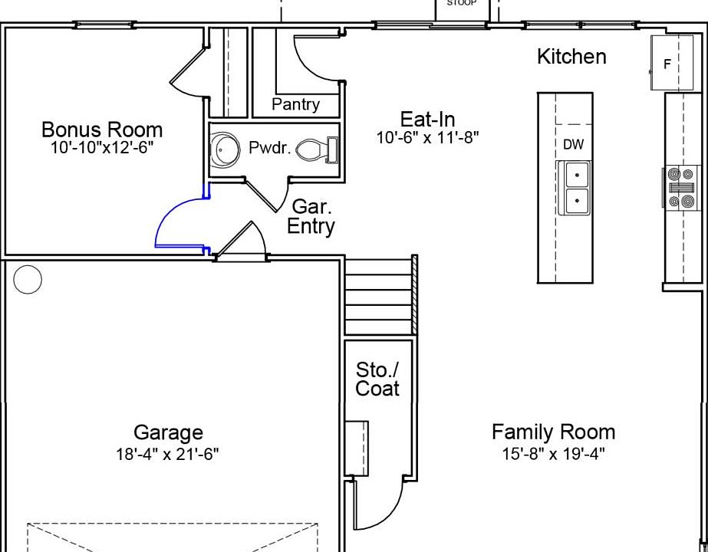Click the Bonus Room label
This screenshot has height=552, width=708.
(102, 130)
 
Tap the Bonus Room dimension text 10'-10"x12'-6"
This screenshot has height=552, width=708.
(102, 147)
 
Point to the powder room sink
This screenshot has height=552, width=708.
(226, 149)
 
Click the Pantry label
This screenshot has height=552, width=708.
(296, 104)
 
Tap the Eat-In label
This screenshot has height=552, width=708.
(427, 119)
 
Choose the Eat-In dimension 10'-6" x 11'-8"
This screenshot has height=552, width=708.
(427, 137)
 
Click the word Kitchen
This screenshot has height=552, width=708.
(571, 57)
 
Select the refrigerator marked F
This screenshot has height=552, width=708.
(672, 62)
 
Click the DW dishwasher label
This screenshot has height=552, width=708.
(574, 144)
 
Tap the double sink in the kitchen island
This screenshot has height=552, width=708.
(575, 187)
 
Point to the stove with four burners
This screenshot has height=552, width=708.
(681, 188)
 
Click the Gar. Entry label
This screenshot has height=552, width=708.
(311, 217)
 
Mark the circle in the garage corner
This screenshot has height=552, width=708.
(28, 280)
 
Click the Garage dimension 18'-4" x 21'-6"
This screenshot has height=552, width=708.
(167, 454)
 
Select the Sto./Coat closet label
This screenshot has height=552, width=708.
(377, 379)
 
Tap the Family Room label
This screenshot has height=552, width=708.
(554, 432)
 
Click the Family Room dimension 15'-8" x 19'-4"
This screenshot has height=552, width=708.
(554, 454)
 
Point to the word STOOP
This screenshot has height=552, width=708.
(462, 3)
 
